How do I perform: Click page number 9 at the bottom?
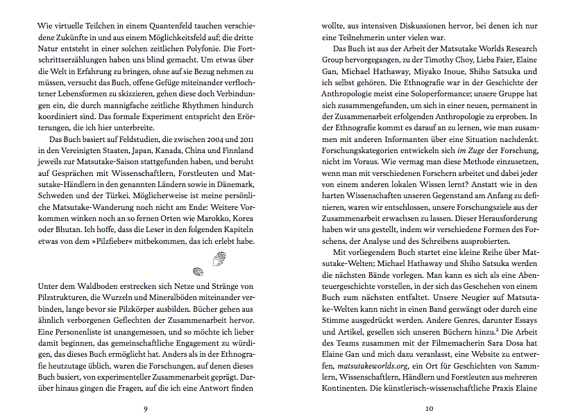click(x=145, y=408)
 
